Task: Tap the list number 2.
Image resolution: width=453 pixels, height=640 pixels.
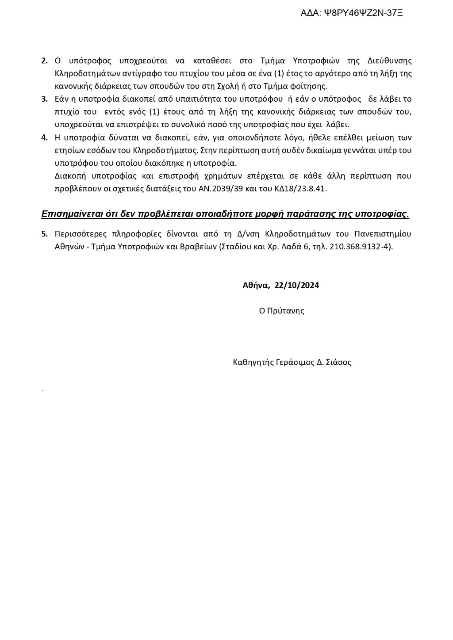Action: click(x=44, y=61)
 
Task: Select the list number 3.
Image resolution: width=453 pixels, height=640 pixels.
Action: click(x=44, y=99)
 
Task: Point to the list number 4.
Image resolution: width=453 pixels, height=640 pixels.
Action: click(x=44, y=137)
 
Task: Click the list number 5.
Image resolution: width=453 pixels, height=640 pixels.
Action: click(x=44, y=234)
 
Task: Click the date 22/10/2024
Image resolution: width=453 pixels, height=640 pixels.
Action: click(x=296, y=285)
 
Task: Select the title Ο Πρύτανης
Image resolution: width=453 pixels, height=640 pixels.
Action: click(x=281, y=311)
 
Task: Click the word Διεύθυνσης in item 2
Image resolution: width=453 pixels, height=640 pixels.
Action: click(x=390, y=61)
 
